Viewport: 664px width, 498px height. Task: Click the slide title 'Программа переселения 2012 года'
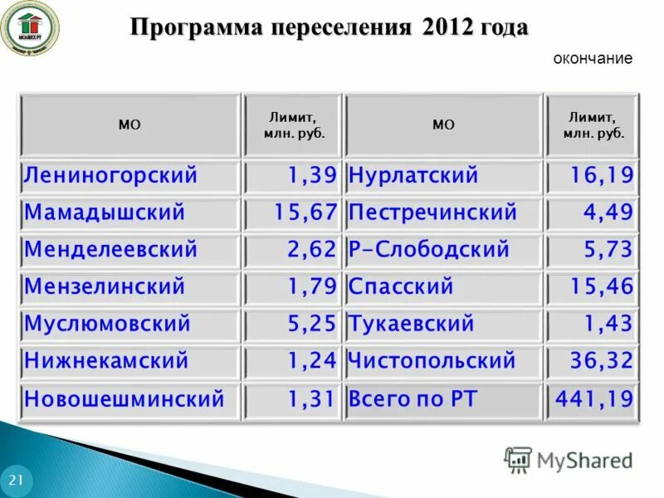click(330, 27)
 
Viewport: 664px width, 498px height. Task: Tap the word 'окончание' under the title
click(593, 59)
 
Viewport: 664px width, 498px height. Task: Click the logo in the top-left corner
click(29, 27)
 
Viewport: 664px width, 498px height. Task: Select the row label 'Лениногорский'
click(111, 176)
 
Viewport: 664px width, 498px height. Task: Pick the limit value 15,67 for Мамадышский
click(305, 212)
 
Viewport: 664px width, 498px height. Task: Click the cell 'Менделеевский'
click(111, 250)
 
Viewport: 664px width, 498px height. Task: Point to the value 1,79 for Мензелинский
click(312, 287)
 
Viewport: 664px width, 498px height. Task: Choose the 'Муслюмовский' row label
click(108, 324)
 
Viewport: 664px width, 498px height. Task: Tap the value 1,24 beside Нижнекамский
click(312, 361)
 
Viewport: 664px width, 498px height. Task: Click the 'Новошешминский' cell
click(124, 398)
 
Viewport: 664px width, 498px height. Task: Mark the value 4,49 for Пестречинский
click(608, 212)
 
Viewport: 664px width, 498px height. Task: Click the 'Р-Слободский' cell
click(429, 250)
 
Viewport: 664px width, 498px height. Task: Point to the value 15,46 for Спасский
click(601, 287)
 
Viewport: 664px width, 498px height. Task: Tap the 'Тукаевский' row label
click(412, 324)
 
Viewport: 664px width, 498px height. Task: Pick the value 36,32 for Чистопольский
click(601, 361)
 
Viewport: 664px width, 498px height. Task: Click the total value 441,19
click(594, 398)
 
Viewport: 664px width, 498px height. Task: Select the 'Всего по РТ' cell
click(413, 398)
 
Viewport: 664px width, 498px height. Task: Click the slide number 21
click(16, 481)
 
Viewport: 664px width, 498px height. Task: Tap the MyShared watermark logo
click(569, 459)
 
